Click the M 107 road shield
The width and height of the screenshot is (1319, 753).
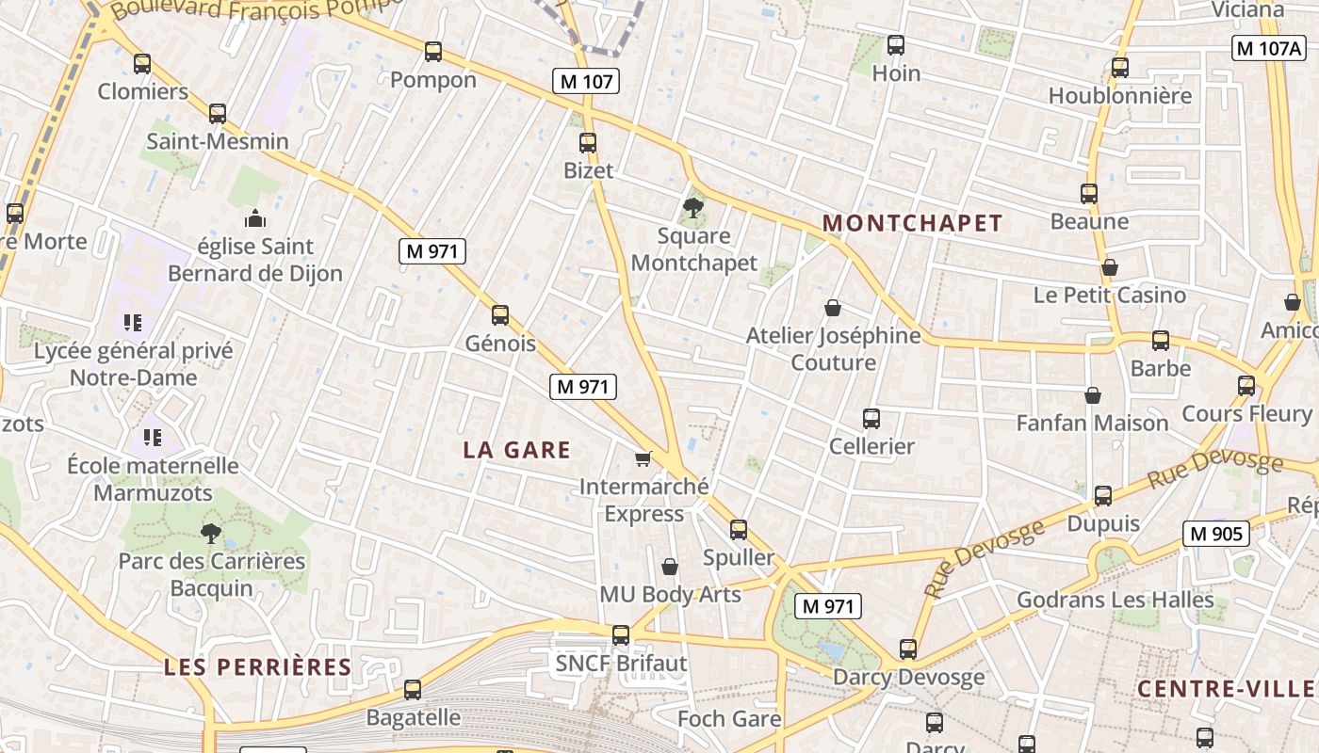[x=586, y=82]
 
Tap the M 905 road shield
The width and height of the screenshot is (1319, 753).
[x=1215, y=535]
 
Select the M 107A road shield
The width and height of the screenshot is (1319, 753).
[x=1268, y=48]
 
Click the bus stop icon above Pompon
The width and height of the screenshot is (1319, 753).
[x=433, y=52]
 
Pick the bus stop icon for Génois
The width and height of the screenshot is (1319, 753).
[x=500, y=315]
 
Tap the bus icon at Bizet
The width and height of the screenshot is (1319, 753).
[x=588, y=143]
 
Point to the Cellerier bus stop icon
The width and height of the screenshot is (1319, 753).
[x=871, y=419]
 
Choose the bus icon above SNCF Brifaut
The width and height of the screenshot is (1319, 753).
[x=620, y=635]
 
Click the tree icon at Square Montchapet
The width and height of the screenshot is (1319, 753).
[x=693, y=207]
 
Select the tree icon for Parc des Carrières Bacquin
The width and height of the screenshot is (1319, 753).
[x=211, y=534]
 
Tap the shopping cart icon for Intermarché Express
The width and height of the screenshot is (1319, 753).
[x=643, y=458]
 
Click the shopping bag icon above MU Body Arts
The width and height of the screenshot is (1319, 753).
[x=670, y=567]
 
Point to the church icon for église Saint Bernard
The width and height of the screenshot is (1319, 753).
[x=255, y=219]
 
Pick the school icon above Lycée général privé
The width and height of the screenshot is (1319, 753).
[x=133, y=324]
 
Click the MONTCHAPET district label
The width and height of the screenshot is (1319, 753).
[x=912, y=223]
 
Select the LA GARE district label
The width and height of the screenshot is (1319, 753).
[x=516, y=450]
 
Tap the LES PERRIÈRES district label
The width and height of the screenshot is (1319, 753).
[x=257, y=667]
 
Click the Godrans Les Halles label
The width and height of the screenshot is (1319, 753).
[x=1115, y=600]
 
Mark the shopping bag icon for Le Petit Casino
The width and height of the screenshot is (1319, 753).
[x=1110, y=267]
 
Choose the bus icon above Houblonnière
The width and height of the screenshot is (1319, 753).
[x=1119, y=68]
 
